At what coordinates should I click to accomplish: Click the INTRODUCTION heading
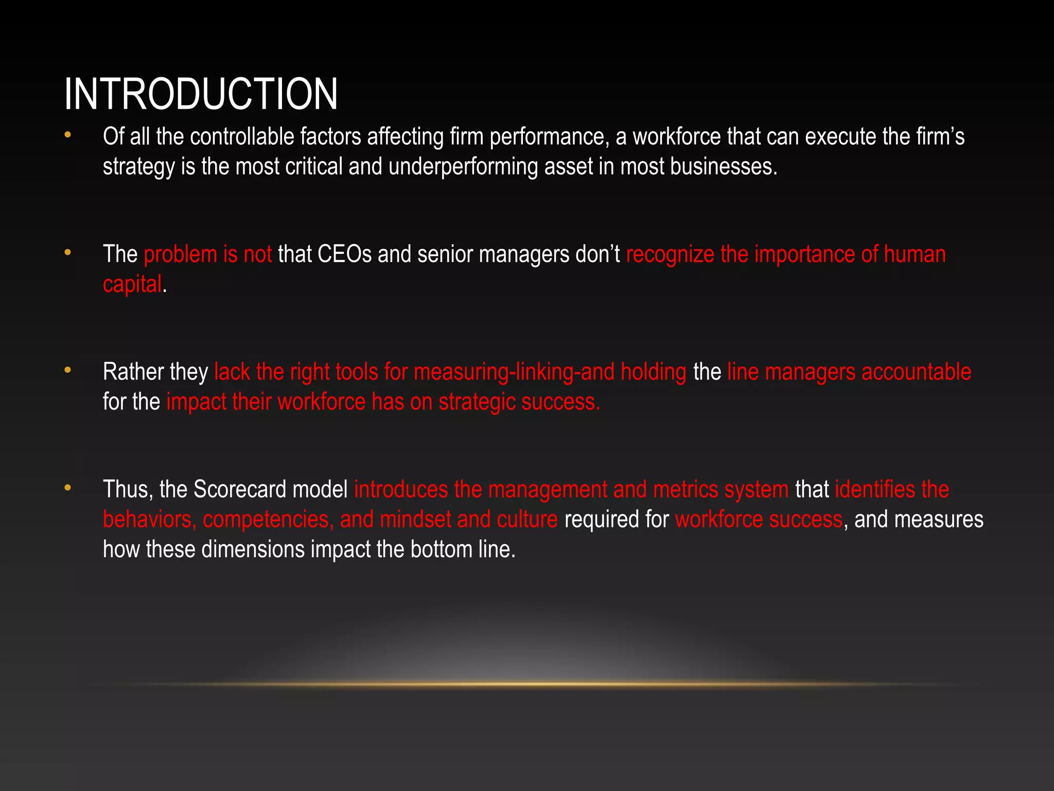[x=201, y=94]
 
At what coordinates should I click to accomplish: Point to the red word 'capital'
[x=132, y=284]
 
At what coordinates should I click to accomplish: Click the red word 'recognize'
[x=670, y=254]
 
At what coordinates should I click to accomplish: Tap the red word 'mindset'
[x=415, y=519]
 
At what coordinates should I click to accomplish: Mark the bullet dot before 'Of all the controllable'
[x=67, y=135]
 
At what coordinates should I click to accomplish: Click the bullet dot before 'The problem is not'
[x=67, y=253]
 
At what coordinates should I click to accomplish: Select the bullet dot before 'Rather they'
[x=67, y=371]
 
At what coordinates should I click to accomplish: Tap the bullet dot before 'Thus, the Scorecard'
[x=67, y=488]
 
